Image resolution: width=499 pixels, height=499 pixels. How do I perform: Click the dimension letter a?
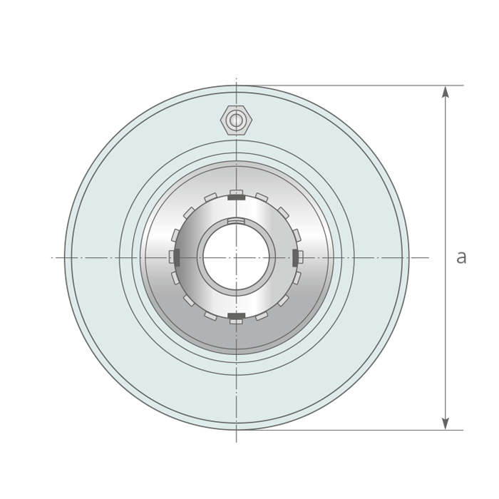461,257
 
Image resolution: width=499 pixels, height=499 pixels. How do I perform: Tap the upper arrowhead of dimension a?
446,91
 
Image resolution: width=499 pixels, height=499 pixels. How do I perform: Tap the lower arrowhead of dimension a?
446,424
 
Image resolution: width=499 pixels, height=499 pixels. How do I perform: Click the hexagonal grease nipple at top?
236,120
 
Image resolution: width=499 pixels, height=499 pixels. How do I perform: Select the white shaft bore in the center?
236,257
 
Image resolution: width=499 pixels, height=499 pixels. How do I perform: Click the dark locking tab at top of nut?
236,197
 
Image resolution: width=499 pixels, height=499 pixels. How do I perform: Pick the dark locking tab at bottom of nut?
236,316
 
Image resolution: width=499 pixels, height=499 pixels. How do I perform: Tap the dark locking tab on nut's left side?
177,257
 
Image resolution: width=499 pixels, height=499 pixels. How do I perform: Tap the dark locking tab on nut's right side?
295,257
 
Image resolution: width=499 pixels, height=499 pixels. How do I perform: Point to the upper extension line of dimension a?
350,86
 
